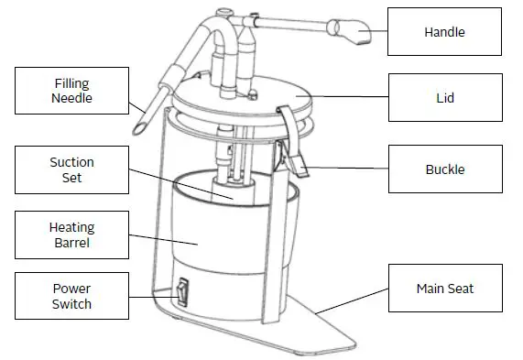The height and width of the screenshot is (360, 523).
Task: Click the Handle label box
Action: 444,32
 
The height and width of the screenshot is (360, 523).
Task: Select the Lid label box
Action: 444,97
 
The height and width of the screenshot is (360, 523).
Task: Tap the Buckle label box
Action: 444,169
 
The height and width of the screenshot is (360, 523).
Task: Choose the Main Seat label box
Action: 444,289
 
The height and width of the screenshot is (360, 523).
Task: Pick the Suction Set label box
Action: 72,170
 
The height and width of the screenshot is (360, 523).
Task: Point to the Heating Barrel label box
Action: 72,234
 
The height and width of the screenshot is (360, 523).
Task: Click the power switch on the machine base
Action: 181,292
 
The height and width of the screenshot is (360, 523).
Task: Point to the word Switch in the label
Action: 72,303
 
